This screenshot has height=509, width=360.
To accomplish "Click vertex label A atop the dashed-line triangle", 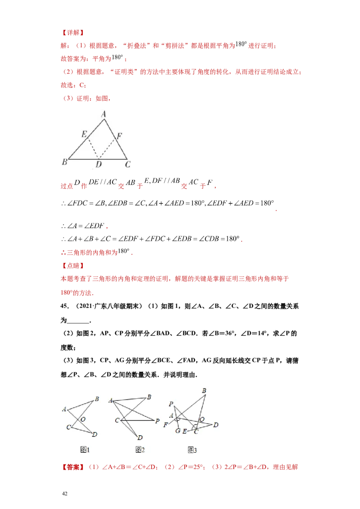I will [x=103, y=115].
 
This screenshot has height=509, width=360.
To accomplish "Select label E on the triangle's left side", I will [x=84, y=134].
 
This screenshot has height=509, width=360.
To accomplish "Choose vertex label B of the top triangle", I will [x=64, y=162].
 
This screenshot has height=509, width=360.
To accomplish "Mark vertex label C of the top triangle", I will [x=128, y=165].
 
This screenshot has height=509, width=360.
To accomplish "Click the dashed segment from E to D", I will [x=93, y=147].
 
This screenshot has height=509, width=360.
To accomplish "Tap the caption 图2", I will [x=140, y=449].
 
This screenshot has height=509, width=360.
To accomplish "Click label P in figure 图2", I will [x=157, y=421].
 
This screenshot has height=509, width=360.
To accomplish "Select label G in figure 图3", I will [x=178, y=431].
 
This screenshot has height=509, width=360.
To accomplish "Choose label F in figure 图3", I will [x=166, y=424].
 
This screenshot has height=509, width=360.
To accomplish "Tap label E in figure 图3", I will [x=184, y=431].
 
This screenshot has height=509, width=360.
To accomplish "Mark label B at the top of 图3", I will [x=204, y=391].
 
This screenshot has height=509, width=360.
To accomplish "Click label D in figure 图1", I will [x=94, y=434].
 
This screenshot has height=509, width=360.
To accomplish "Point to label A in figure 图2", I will [x=111, y=400].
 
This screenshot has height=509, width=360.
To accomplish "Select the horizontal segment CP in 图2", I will [x=137, y=420].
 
